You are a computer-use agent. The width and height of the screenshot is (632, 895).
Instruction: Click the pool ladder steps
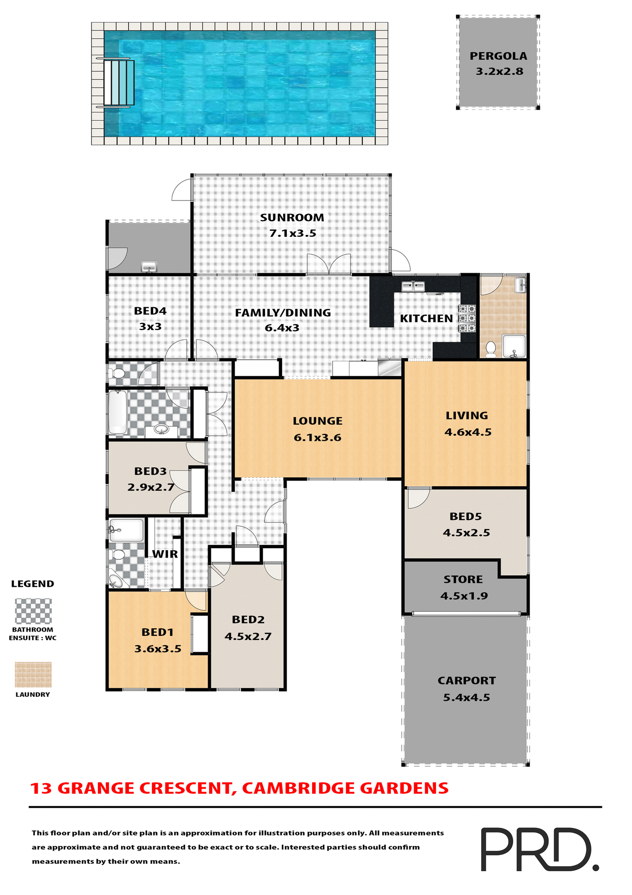(x=119, y=83)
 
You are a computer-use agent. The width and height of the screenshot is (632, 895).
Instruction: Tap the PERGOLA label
(x=498, y=56)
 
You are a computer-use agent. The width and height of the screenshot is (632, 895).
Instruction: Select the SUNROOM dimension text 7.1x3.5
(x=292, y=233)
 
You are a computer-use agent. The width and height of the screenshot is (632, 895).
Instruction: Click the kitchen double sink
(x=413, y=286)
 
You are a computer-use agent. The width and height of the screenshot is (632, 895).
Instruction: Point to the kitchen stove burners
(x=467, y=318)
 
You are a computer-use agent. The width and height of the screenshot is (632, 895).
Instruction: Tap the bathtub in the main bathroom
(x=117, y=412)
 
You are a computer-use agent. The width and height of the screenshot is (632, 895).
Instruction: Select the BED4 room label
(x=150, y=311)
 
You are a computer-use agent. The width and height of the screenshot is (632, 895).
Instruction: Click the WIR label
(x=165, y=554)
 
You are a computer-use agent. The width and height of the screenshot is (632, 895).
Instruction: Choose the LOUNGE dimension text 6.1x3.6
(x=317, y=437)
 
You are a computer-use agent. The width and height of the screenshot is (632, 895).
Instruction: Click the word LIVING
(x=467, y=415)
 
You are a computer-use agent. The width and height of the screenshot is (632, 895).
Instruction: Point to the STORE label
(x=463, y=579)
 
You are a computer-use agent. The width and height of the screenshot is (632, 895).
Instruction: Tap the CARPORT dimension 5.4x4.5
(x=466, y=697)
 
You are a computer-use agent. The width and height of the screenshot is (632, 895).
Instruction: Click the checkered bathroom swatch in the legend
(x=33, y=611)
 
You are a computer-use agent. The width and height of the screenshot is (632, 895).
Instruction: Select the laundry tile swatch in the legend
(x=33, y=674)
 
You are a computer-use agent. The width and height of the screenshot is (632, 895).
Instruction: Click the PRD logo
(x=538, y=849)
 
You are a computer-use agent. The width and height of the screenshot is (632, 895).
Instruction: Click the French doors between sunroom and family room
(x=329, y=264)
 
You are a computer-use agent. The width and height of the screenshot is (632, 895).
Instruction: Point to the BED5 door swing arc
(x=418, y=497)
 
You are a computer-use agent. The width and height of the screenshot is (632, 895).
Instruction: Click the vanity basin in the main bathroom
(x=161, y=429)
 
